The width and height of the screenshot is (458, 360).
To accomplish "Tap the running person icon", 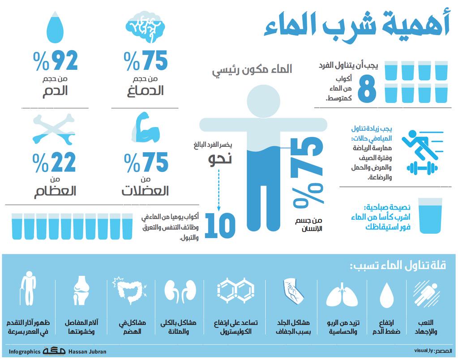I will [417, 143].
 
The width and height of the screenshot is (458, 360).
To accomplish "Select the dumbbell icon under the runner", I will [421, 168].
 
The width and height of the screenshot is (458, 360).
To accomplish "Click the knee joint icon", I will [81, 291].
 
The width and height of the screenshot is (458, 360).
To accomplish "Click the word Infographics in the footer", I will [25, 351].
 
